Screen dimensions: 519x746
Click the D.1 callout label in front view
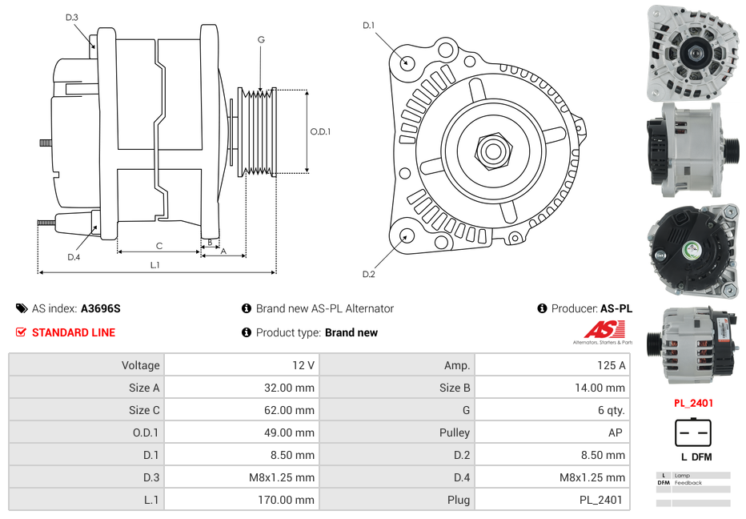[368, 26]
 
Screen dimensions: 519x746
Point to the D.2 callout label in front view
[368, 275]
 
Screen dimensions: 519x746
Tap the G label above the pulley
[261, 40]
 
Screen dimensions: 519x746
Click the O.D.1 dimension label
[320, 132]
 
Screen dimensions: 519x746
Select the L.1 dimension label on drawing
[154, 264]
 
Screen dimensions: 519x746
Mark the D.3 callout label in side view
[72, 17]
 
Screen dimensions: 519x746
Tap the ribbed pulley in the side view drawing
[259, 131]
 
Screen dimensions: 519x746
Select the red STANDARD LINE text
[73, 332]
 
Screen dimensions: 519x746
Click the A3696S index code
[101, 308]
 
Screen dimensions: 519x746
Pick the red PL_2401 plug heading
[692, 404]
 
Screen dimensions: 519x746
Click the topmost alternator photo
[692, 52]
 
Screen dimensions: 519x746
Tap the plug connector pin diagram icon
[692, 433]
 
